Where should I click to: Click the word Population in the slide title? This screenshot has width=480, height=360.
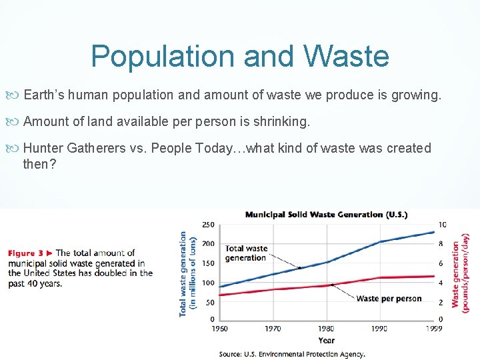pyautogui.click(x=163, y=56)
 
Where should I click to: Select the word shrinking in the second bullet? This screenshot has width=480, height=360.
pyautogui.click(x=278, y=121)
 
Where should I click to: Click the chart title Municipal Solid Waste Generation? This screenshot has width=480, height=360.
pyautogui.click(x=326, y=215)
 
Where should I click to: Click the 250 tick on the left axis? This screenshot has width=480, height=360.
pyautogui.click(x=208, y=225)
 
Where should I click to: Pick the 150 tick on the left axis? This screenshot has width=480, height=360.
pyautogui.click(x=208, y=263)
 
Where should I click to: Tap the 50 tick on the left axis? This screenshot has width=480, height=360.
pyautogui.click(x=209, y=302)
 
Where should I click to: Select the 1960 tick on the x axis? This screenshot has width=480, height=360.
pyautogui.click(x=219, y=329)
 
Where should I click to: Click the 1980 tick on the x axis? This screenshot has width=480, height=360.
pyautogui.click(x=327, y=329)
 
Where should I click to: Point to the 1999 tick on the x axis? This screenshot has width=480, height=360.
pyautogui.click(x=435, y=329)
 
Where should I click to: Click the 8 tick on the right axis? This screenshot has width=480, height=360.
pyautogui.click(x=441, y=244)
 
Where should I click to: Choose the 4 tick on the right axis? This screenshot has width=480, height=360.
pyautogui.click(x=441, y=283)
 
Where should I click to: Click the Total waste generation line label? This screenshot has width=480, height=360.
pyautogui.click(x=246, y=253)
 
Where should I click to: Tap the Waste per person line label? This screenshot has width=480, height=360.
pyautogui.click(x=389, y=299)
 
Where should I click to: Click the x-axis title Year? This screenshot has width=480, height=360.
pyautogui.click(x=327, y=340)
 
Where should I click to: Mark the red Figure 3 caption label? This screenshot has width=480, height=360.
pyautogui.click(x=30, y=253)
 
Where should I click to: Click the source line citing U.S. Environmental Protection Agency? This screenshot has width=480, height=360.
pyautogui.click(x=292, y=354)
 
